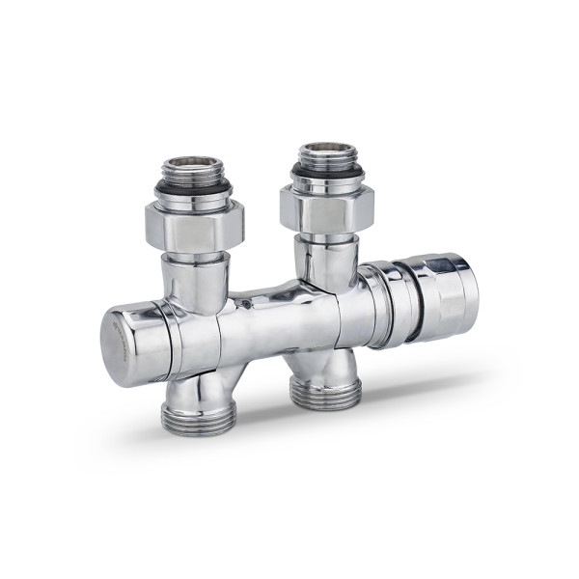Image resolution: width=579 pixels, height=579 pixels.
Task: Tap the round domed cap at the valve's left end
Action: coord(132,343)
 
